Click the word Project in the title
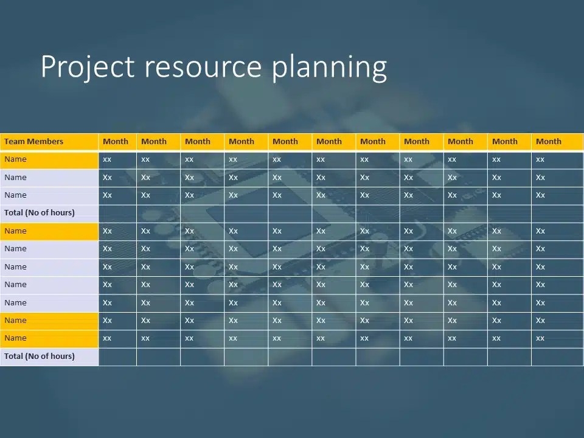[x=88, y=67]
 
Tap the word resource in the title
[x=203, y=67]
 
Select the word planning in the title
[x=329, y=68]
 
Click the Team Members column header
[x=33, y=142]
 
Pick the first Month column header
[x=116, y=142]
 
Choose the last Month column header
[x=549, y=142]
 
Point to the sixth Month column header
[x=329, y=142]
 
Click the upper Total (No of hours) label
[x=40, y=213]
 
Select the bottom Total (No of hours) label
[x=40, y=356]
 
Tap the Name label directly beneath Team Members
[x=15, y=159]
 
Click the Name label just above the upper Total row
[x=15, y=195]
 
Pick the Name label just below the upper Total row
[x=15, y=231]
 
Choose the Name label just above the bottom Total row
[x=15, y=338]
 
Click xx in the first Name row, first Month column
[x=107, y=160]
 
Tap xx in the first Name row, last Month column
[x=540, y=160]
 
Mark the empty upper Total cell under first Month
[x=117, y=214]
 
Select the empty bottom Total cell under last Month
[x=557, y=357]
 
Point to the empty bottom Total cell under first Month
[x=117, y=357]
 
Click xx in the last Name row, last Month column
[x=540, y=339]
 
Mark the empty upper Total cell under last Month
[x=557, y=214]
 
